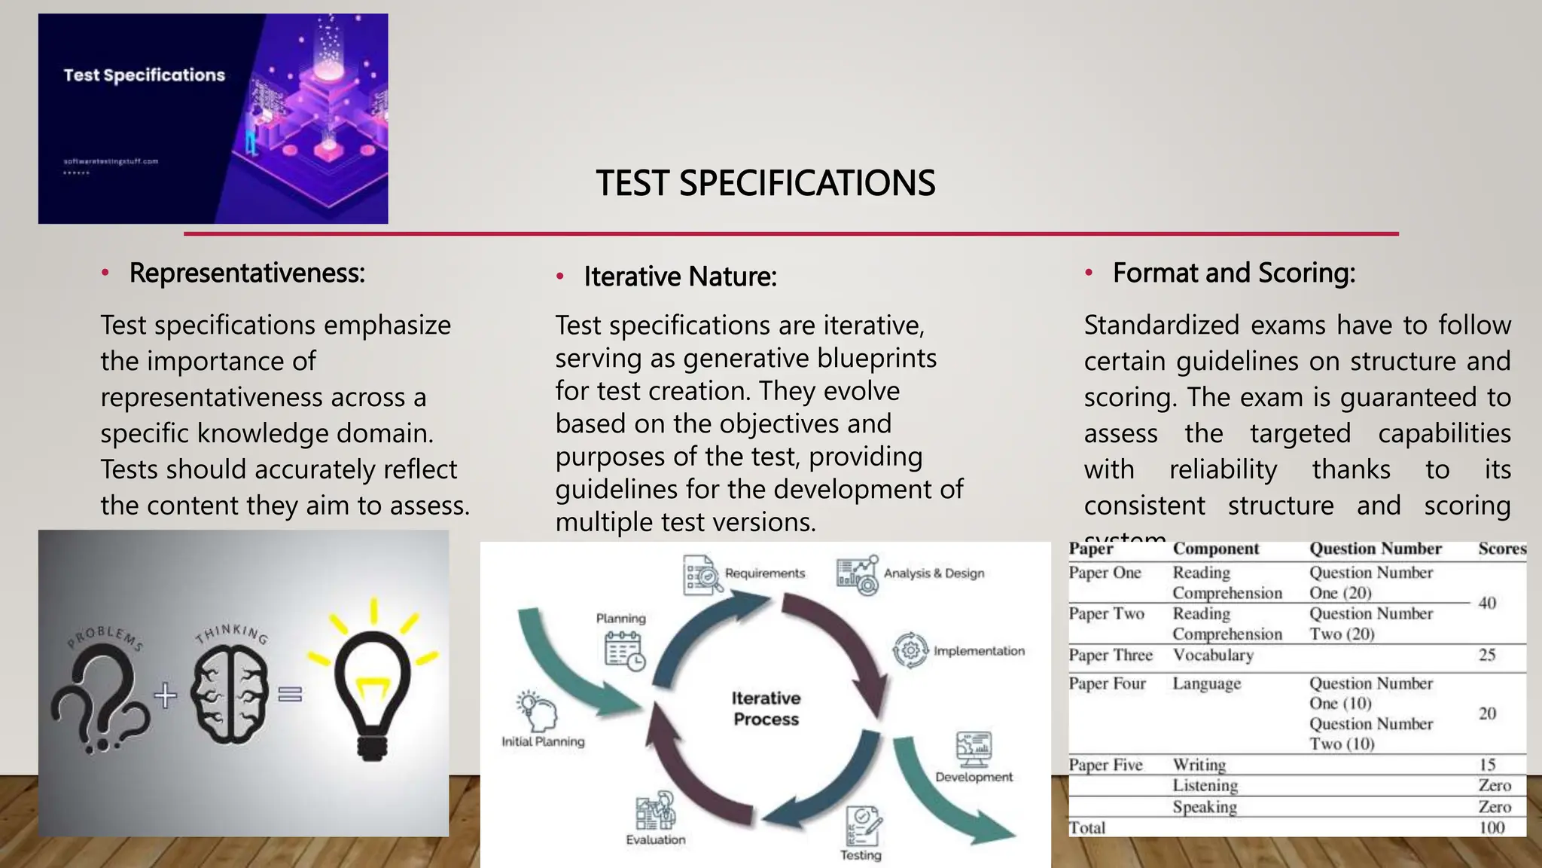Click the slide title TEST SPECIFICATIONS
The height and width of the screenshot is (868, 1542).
tap(765, 183)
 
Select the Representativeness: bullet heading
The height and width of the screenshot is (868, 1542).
tap(247, 273)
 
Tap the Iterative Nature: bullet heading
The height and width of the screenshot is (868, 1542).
tap(680, 277)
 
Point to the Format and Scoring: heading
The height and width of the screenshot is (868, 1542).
tap(1233, 273)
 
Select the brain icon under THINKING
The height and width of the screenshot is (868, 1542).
tap(229, 694)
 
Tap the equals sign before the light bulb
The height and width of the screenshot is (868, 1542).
tap(290, 694)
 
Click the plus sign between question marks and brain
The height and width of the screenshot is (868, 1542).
tap(166, 695)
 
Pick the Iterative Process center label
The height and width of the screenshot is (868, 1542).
tap(766, 708)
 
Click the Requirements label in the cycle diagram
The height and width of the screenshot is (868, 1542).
tap(764, 573)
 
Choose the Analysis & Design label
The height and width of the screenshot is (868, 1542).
tap(934, 573)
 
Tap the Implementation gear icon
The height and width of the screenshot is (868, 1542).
tap(910, 649)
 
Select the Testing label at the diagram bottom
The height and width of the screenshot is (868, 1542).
tap(861, 855)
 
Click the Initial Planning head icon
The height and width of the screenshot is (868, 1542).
tap(537, 711)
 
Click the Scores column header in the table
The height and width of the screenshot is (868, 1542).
tap(1501, 549)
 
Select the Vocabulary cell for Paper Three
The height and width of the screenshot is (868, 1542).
tap(1212, 655)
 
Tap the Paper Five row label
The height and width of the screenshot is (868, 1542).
tap(1105, 765)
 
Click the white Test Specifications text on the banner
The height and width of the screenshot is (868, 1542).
tap(144, 75)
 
